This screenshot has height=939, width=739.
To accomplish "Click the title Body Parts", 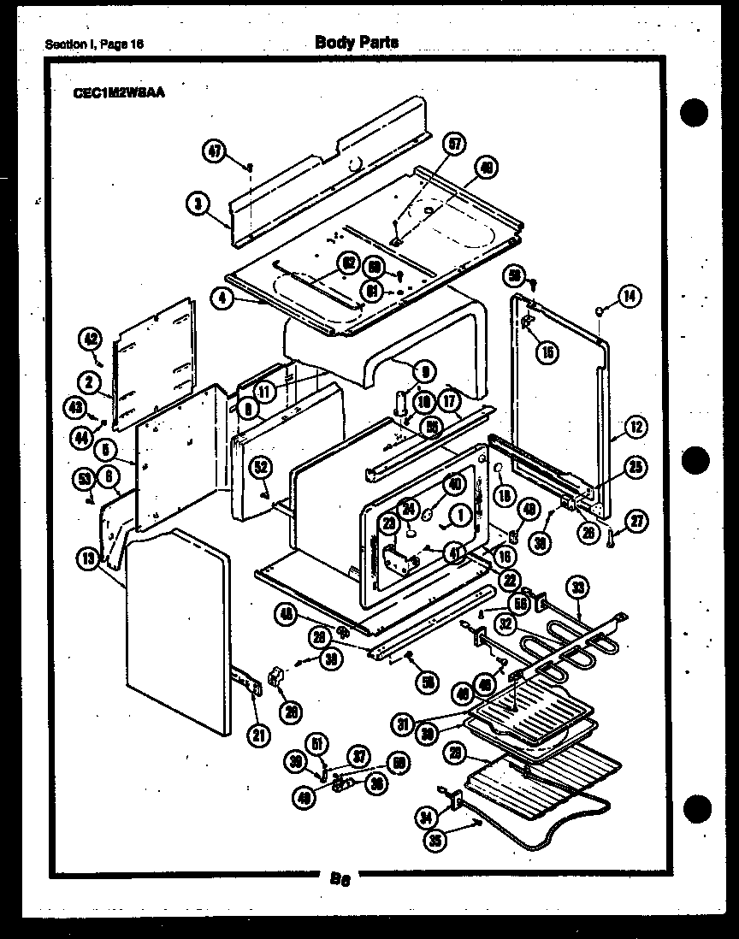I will pos(356,42).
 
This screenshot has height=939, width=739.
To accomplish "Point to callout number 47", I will pos(214,152).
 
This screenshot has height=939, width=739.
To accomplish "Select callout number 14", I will pos(629,297).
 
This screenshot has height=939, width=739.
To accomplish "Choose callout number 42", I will pos(91,339).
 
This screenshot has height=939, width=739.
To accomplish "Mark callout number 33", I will pos(578,588).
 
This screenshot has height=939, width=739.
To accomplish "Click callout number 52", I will pos(262,467).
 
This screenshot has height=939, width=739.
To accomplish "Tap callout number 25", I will pos(636,467).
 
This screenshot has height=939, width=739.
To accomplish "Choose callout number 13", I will pos(88,560).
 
